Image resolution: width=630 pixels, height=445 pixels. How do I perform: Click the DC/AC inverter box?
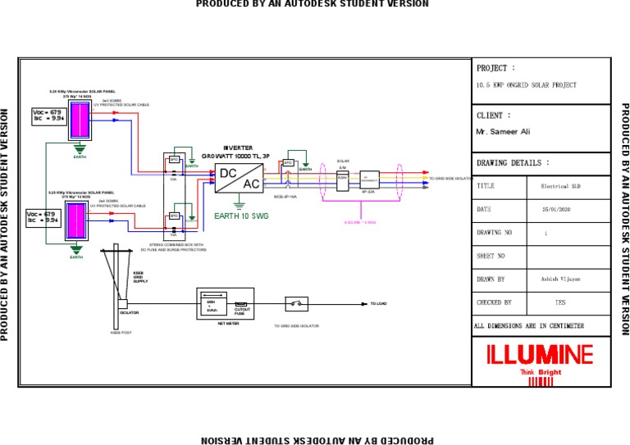239,178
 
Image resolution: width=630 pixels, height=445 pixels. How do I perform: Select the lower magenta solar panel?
76,221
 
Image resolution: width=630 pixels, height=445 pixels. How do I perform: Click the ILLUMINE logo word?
540,355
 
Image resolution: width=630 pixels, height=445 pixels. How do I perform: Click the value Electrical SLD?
561,187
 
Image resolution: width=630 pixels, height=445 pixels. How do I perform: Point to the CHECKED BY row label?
494,302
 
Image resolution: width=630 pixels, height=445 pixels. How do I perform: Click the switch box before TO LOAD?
296,304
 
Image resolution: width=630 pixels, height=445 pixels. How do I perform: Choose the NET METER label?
227,324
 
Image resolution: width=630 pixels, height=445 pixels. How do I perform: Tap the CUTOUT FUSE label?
242,311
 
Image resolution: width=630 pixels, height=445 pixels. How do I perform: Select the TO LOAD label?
378,304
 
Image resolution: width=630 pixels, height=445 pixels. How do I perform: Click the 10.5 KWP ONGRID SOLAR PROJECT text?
526,85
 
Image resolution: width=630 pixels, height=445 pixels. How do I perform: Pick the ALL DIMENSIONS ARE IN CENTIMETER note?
529,326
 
